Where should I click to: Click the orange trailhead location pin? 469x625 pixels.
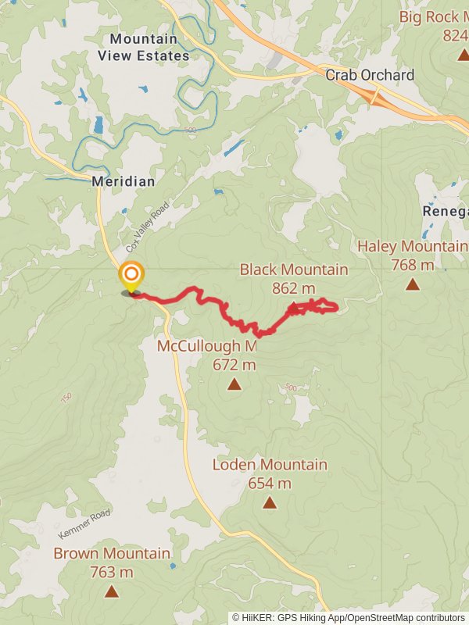[131, 276]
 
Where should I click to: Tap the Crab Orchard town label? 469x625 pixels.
[369, 75]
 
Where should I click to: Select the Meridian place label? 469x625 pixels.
[124, 180]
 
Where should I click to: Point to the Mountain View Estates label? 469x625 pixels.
[144, 47]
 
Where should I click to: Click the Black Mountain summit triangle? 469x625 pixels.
[293, 307]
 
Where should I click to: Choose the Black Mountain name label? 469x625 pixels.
[294, 270]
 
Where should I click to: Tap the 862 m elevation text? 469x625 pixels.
[293, 288]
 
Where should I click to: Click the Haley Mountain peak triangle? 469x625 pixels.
[413, 284]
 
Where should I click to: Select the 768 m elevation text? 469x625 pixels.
[412, 265]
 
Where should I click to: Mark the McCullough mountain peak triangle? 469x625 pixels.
[234, 384]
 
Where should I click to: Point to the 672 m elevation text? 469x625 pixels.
[234, 364]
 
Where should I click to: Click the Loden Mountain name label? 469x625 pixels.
[270, 465]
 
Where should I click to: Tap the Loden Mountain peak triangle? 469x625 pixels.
[270, 502]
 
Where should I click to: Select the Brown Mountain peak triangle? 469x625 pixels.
[111, 591]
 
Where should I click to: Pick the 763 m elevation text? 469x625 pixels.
[111, 572]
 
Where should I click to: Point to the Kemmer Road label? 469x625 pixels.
[84, 523]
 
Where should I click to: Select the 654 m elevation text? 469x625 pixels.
[270, 483]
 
